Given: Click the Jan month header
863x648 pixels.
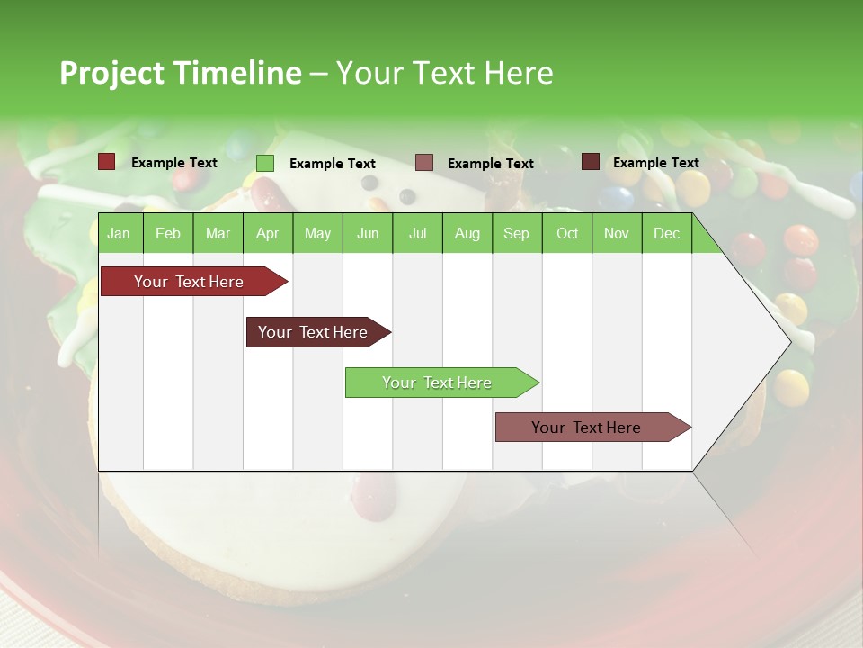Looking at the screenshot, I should click(119, 233).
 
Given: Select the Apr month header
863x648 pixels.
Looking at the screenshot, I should click(267, 233).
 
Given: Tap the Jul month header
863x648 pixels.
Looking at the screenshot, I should click(417, 233).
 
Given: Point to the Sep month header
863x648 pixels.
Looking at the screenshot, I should click(516, 233).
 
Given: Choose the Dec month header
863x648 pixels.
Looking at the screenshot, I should click(666, 233).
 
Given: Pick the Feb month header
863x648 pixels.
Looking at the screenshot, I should click(168, 233).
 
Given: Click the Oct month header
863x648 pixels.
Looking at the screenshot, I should click(567, 233).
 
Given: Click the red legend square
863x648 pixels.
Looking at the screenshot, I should click(107, 162).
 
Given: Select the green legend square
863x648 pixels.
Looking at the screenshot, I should click(265, 163).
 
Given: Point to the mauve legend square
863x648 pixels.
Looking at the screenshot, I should click(424, 163).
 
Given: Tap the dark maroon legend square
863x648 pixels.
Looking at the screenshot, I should click(591, 162).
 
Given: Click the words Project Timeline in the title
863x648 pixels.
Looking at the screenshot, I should click(181, 73).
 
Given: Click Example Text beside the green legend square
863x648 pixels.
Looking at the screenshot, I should click(333, 164).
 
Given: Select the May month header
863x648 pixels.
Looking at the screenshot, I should click(317, 233).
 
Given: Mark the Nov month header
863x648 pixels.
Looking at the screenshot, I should click(617, 233).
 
